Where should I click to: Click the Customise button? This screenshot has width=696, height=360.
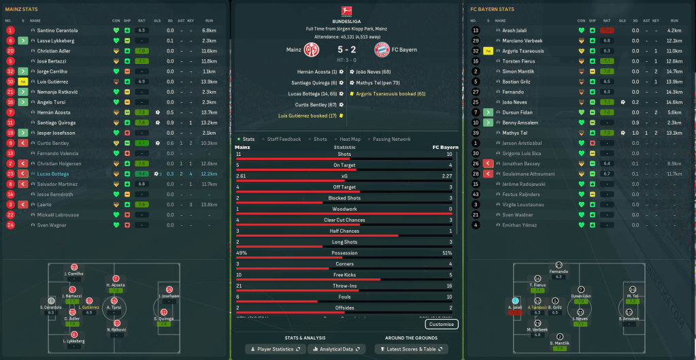point(442,324)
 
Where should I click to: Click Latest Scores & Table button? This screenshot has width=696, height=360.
point(411,349)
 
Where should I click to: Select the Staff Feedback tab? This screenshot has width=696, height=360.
point(284,139)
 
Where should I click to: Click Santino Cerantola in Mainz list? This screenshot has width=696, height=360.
point(57,31)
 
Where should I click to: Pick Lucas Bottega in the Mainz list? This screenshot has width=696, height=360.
point(54,174)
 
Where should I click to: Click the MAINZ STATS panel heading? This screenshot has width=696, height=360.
point(22,10)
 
